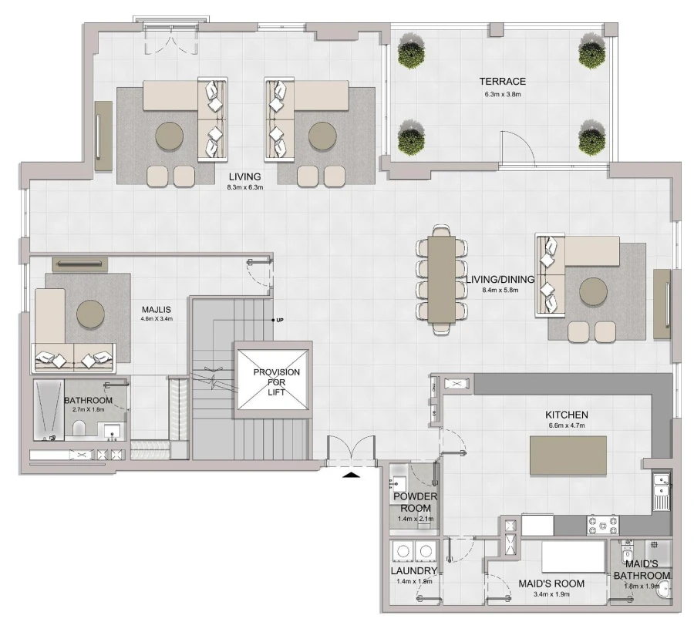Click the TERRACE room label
[502, 81]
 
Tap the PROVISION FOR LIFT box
[275, 382]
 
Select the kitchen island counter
[568, 456]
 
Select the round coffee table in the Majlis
[90, 314]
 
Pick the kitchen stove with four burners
[602, 525]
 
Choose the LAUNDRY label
[414, 571]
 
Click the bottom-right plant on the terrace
[591, 139]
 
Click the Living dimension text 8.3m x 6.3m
[245, 187]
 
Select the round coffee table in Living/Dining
[595, 293]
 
